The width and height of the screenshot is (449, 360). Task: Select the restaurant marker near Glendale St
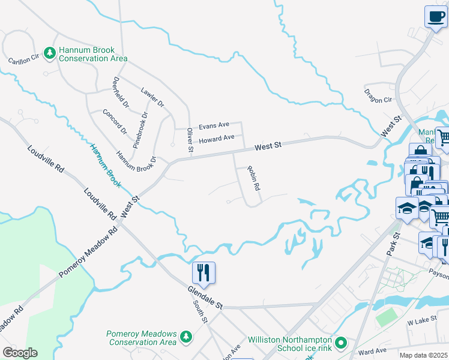tap(203, 273)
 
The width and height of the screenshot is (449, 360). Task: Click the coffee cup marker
tap(436, 17)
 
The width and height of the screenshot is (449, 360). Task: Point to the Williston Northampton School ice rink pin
tap(342, 343)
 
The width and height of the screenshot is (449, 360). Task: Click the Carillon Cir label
tap(23, 59)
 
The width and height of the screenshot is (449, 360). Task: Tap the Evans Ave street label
tap(214, 125)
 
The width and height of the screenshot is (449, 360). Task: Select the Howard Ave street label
tap(217, 139)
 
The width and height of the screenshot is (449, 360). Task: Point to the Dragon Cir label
tap(378, 95)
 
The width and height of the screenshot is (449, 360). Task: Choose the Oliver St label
tap(190, 140)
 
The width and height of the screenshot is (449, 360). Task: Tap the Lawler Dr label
tap(152, 97)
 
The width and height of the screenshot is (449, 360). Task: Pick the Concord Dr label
tap(115, 122)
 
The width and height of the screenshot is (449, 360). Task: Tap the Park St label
tap(393, 244)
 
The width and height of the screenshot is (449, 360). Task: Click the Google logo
tap(19, 353)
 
